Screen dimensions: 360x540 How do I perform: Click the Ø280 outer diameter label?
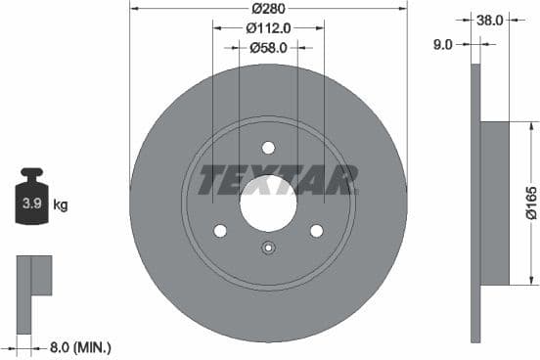click(268, 8)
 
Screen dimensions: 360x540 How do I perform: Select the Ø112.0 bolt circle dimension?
click(268, 27)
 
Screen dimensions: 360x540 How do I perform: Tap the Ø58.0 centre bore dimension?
click(268, 46)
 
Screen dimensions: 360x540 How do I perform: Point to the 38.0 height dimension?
click(489, 18)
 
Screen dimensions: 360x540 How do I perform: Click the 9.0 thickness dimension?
click(444, 43)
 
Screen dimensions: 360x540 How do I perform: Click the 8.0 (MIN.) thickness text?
click(80, 346)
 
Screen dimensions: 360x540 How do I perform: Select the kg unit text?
click(61, 205)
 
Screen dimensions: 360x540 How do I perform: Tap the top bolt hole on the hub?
click(268, 148)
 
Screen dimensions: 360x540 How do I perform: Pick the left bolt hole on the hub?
click(220, 230)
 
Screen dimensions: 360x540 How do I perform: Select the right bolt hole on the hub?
click(316, 230)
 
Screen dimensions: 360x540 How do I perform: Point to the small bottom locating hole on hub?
click(268, 247)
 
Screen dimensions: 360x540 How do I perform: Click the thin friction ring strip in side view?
click(475, 203)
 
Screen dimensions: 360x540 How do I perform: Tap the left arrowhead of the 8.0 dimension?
click(19, 346)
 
